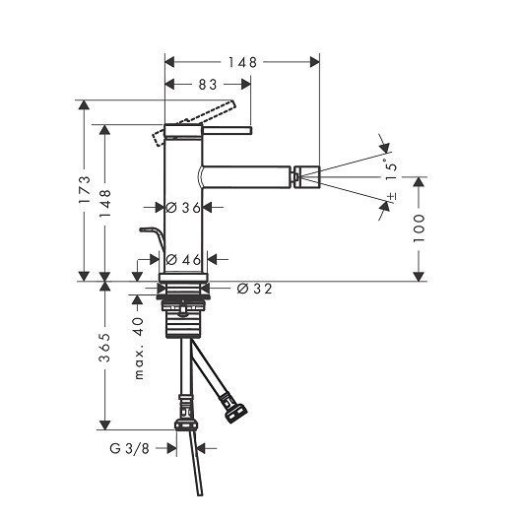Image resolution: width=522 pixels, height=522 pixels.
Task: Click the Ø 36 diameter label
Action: click(183, 208)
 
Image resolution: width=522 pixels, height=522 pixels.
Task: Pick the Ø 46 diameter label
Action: click(184, 259)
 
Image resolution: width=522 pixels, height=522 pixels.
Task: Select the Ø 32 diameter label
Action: click(254, 289)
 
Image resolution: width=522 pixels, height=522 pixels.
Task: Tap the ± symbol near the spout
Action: click(393, 198)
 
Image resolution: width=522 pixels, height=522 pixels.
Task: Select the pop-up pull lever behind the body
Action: click(151, 234)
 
